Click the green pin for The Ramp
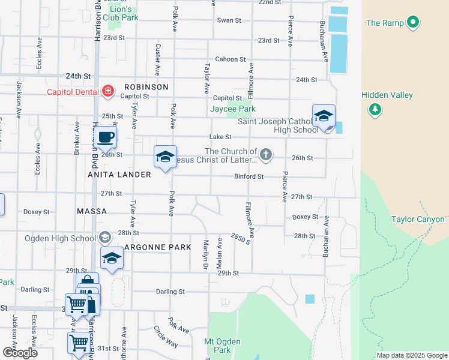[412, 23]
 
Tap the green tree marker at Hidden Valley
[375, 109]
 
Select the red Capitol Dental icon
[107, 91]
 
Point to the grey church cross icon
[265, 155]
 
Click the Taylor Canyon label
[418, 220]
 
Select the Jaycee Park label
[232, 109]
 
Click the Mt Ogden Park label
[222, 346]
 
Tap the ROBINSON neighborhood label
[146, 87]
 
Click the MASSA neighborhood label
[92, 212]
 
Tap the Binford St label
[249, 176]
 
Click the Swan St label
[229, 20]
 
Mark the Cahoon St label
[231, 59]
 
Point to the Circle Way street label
[165, 337]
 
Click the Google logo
[20, 352]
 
